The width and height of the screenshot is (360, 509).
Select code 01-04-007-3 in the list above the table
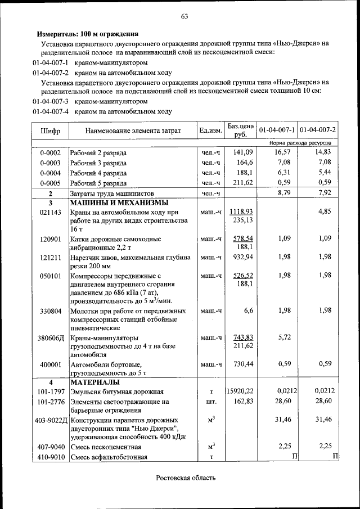50,102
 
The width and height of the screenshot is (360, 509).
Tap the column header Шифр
50,131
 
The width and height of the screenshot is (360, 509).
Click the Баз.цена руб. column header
241,130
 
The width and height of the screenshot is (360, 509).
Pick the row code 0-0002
50,153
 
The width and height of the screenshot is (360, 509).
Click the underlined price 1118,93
243,211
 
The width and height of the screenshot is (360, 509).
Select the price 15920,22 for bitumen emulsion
240,391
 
